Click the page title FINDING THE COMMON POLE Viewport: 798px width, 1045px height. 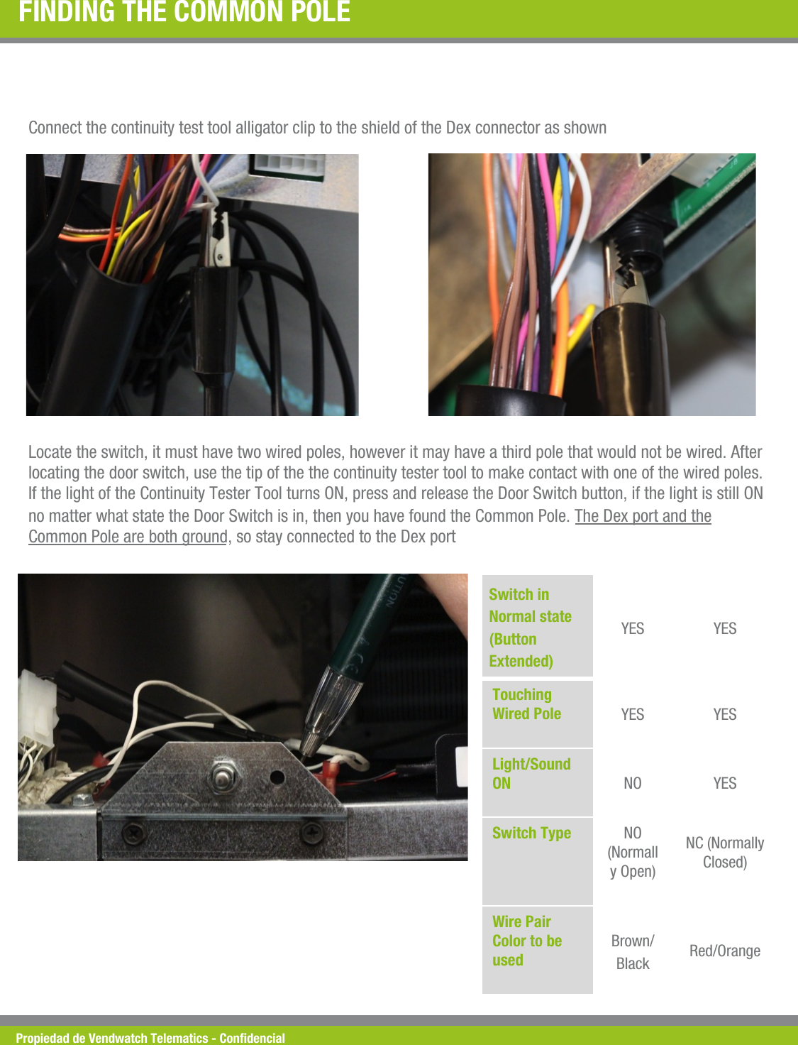click(x=184, y=12)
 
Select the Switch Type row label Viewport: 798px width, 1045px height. click(x=531, y=833)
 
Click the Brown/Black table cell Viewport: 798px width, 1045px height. click(x=632, y=951)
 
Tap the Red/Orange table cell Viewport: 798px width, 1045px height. click(x=724, y=951)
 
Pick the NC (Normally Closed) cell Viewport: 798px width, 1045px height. click(x=724, y=852)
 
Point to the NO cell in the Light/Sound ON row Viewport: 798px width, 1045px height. click(x=632, y=783)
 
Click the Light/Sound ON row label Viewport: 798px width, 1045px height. click(x=531, y=773)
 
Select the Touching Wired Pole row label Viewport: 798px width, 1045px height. click(x=526, y=704)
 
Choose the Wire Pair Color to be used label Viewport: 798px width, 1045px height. click(x=527, y=941)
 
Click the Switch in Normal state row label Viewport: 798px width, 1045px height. click(x=530, y=628)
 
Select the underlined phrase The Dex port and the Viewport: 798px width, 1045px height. click(x=643, y=516)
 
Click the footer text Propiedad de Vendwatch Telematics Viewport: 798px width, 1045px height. click(x=150, y=1038)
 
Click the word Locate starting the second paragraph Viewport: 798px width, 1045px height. click(x=50, y=452)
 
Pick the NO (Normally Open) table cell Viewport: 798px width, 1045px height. click(x=632, y=852)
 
